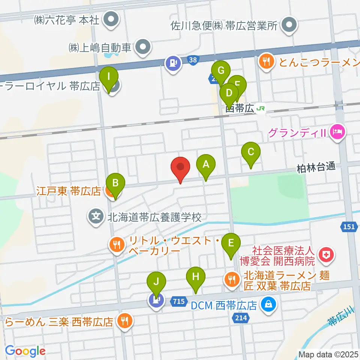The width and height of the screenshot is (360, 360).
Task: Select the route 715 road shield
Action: coord(178,301)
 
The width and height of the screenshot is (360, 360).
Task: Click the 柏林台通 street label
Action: coord(315,167)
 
